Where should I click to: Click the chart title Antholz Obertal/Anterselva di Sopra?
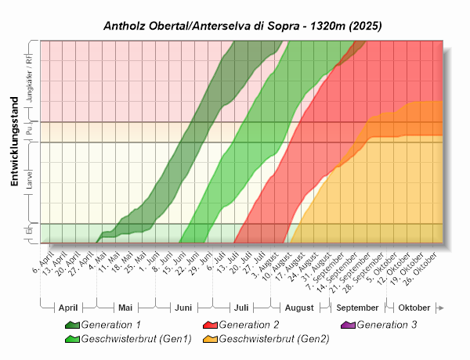[x=243, y=26]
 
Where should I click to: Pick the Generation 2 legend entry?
[x=248, y=324]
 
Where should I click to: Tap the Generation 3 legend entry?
[x=386, y=324]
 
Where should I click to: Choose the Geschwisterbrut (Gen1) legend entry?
[x=125, y=339]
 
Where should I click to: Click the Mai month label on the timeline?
[x=125, y=308]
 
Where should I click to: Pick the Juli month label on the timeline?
[x=241, y=308]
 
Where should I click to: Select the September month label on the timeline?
[x=359, y=308]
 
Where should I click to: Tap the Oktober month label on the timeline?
[x=415, y=308]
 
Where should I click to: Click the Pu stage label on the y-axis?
[x=30, y=131]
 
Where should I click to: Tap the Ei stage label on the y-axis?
[x=30, y=232]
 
